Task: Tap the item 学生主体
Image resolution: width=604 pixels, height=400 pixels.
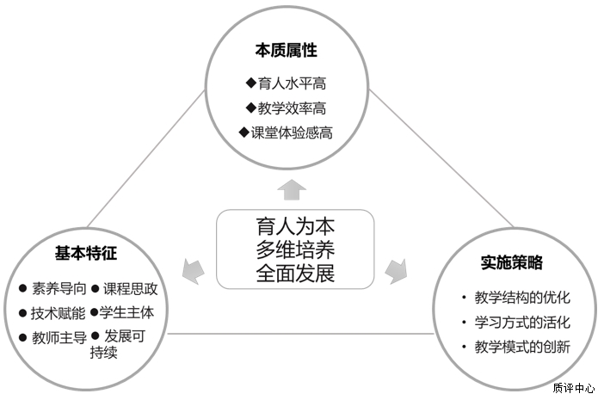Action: [x=126, y=313]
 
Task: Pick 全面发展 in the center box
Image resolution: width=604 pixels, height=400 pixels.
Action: [x=295, y=274]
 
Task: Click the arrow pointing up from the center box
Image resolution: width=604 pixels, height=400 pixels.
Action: [x=293, y=190]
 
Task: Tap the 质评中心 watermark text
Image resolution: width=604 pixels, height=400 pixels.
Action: [x=573, y=387]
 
